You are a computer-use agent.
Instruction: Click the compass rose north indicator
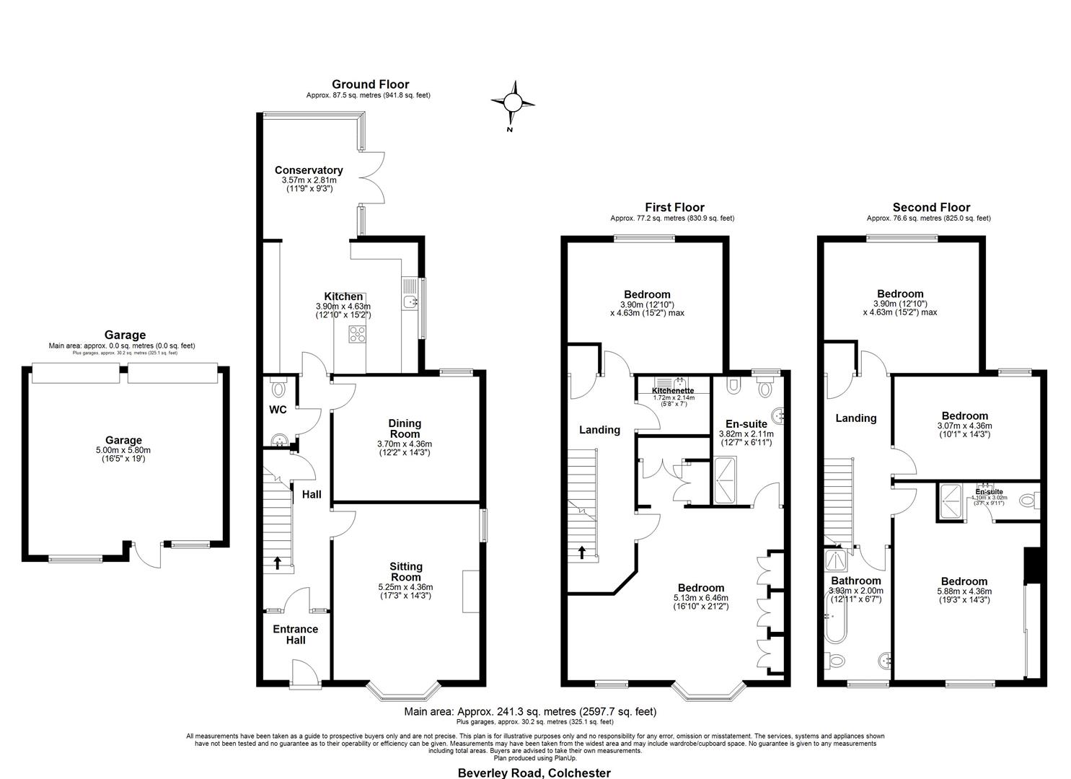coord(513,102)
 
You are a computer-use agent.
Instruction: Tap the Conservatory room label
coord(309,170)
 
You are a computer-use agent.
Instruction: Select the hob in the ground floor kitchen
coord(356,333)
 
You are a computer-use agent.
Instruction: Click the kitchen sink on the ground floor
coord(410,301)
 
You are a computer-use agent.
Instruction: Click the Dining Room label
coord(405,428)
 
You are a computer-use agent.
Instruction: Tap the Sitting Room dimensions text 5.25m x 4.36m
coord(405,587)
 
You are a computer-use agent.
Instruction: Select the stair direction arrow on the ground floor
coord(278,563)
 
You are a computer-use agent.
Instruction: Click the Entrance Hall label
coord(295,635)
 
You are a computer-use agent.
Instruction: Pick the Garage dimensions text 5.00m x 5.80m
coord(123,450)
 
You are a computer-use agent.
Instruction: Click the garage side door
coord(147,555)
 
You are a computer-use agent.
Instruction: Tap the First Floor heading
coord(674,208)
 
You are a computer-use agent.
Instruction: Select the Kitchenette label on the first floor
coord(673,390)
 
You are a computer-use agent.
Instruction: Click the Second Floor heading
coord(931,208)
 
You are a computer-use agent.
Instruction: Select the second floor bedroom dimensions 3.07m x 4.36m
coord(964,426)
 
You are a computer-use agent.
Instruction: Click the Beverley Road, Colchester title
coord(534,773)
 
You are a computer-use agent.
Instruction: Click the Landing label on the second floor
coord(855,418)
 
